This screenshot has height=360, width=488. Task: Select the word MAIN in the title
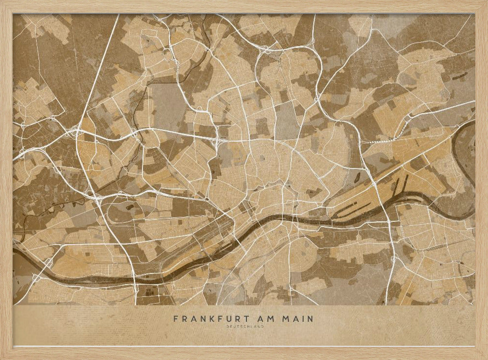point(298,319)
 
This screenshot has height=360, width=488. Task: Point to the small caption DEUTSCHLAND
point(244,327)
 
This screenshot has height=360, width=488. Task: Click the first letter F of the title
point(176,319)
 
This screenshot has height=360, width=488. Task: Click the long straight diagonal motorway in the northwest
point(98,73)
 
